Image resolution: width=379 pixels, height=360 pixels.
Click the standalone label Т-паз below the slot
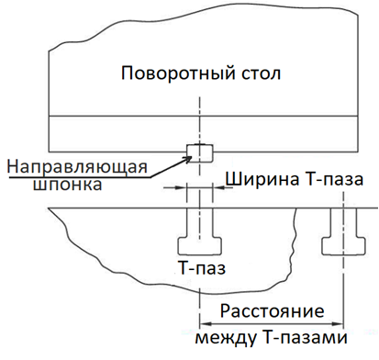[x=200, y=270]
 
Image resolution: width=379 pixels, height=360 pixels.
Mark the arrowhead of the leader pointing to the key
[x=193, y=157]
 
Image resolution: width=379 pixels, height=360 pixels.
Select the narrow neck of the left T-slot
[x=198, y=221]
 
